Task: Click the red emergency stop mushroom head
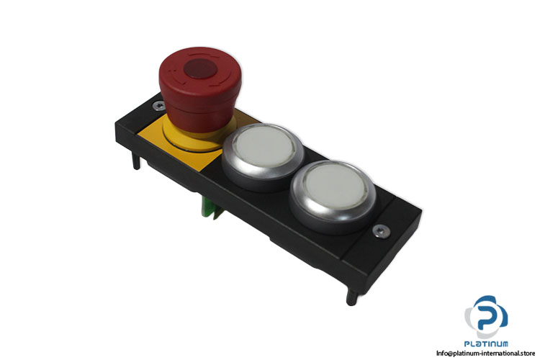click(x=200, y=80)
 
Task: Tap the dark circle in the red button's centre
click(x=200, y=68)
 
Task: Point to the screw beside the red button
click(x=159, y=106)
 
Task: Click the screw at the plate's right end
click(x=382, y=230)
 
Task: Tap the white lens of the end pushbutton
click(x=335, y=186)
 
